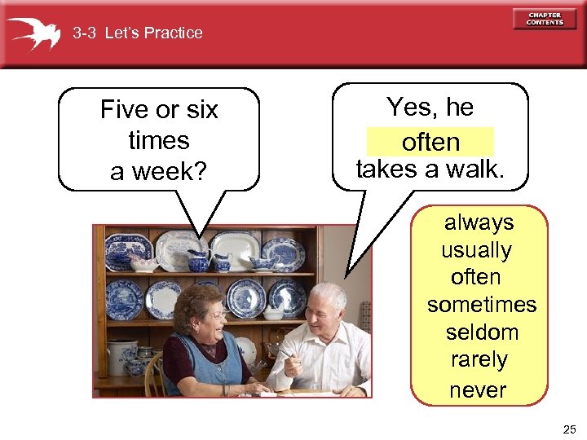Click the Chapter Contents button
click(544, 19)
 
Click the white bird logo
click(33, 33)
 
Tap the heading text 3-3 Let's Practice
click(137, 33)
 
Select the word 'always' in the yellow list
click(479, 222)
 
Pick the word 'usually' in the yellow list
click(476, 250)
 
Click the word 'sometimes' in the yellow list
click(481, 305)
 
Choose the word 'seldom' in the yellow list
click(481, 332)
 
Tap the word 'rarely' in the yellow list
click(479, 359)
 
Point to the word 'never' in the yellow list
click(478, 390)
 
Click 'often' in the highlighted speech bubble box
click(430, 143)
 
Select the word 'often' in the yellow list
click(475, 277)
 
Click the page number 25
click(568, 429)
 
